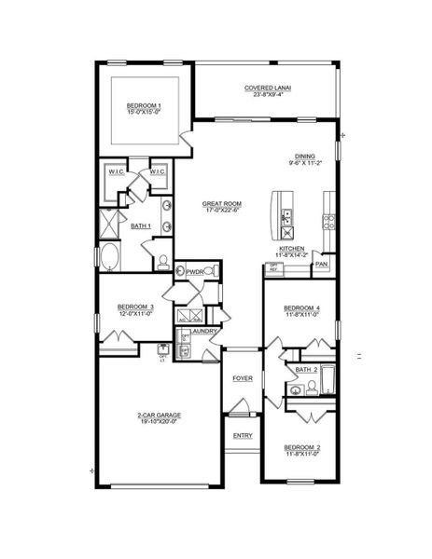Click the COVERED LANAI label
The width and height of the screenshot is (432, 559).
pyautogui.click(x=268, y=89)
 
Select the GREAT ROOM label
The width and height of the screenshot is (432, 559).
pyautogui.click(x=222, y=206)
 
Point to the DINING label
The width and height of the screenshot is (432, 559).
pyautogui.click(x=304, y=158)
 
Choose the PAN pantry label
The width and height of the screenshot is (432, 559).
pyautogui.click(x=322, y=265)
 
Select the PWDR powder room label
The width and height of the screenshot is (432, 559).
pyautogui.click(x=195, y=271)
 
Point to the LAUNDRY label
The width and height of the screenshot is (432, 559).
pyautogui.click(x=204, y=331)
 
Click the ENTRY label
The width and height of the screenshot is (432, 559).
pyautogui.click(x=243, y=435)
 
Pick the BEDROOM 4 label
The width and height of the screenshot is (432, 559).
pyautogui.click(x=301, y=310)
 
